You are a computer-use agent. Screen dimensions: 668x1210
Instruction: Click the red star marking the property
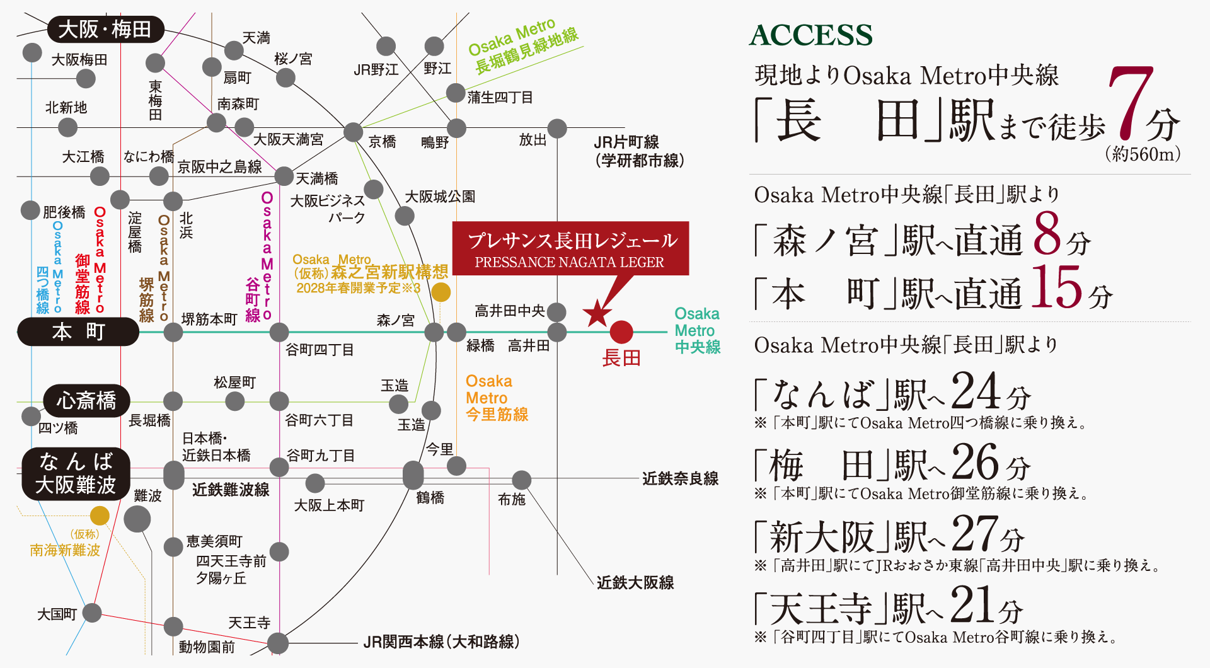point(597,313)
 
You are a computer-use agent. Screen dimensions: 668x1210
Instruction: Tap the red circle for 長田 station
point(621,331)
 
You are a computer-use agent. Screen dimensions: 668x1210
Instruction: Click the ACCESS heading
point(811,35)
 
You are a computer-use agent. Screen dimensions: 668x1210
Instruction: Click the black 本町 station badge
point(78,331)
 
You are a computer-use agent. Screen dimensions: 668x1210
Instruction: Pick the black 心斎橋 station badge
point(86,400)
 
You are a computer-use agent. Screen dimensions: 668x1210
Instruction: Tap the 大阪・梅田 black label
point(105,29)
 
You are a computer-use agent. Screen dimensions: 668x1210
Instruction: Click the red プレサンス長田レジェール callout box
point(570,248)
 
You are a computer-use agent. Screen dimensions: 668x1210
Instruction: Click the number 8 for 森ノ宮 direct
point(1047,234)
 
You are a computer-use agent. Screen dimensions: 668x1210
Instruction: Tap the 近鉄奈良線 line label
point(680,479)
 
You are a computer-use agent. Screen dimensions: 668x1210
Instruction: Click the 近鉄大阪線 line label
point(635,582)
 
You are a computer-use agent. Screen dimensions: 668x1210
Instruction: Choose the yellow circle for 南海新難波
point(100,516)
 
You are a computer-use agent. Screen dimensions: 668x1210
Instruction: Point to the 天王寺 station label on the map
point(249,623)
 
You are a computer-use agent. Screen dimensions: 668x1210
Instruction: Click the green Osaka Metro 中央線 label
point(697,330)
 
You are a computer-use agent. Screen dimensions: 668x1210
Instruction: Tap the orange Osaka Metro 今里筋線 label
point(497,398)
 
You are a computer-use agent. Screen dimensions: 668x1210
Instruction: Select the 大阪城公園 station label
point(440,197)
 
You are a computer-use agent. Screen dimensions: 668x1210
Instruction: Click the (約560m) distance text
point(1143,154)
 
